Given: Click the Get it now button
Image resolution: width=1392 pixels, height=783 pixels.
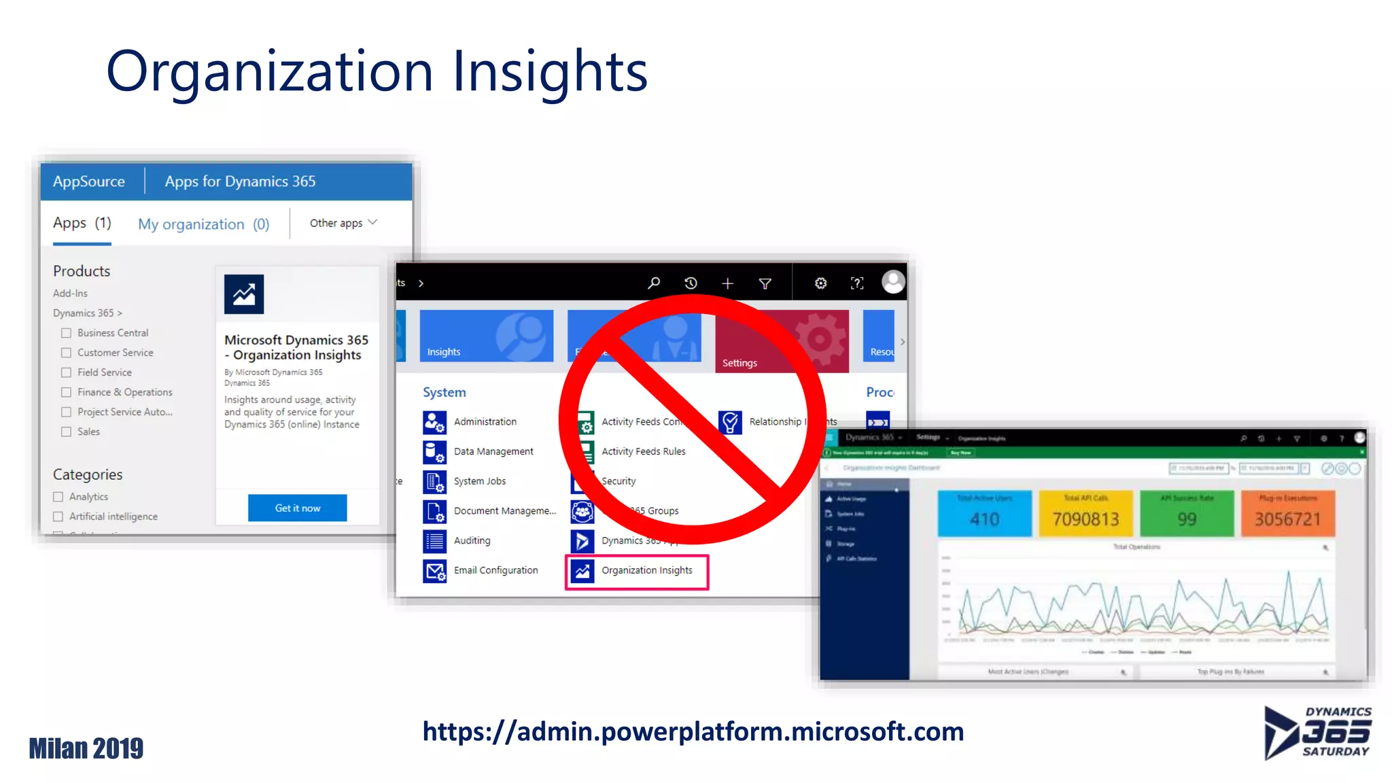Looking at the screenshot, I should [297, 508].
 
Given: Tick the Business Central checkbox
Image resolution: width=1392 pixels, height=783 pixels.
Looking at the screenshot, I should [66, 333].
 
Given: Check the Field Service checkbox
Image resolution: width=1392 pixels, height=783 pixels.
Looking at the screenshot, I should [66, 372].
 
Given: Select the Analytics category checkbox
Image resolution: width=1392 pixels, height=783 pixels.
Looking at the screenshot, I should [58, 497].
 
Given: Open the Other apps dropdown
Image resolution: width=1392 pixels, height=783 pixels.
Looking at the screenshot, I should [343, 223].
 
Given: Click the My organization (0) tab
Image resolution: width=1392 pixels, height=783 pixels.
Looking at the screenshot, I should [203, 224].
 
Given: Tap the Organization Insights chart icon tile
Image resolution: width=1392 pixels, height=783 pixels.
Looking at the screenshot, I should [244, 294].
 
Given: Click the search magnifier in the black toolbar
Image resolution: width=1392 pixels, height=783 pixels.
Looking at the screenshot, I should [654, 283].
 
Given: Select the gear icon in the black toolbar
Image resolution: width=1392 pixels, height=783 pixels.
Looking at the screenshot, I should [820, 283].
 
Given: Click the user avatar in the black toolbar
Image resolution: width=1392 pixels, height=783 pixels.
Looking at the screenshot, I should [893, 281].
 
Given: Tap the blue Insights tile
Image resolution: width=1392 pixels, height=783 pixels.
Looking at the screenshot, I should [486, 336].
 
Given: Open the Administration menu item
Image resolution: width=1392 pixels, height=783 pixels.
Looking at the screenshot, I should [485, 422].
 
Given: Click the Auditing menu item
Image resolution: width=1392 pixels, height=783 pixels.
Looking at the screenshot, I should [472, 540].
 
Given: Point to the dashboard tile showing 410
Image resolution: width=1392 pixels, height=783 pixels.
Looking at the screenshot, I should [984, 513].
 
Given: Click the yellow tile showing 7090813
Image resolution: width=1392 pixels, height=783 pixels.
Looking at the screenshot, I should [1085, 513].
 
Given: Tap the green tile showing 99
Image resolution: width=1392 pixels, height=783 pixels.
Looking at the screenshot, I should [1186, 513].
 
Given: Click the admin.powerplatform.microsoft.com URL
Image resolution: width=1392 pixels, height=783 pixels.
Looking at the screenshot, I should [693, 731].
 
